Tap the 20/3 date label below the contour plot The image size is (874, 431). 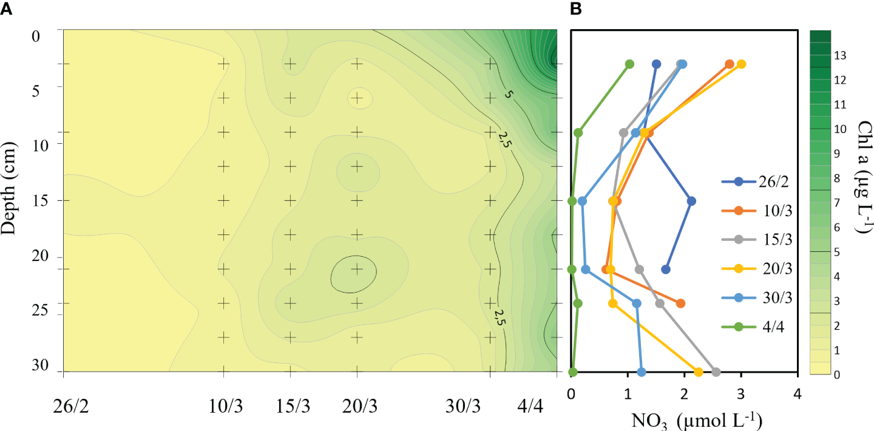(357, 402)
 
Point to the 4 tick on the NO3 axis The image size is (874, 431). (798, 395)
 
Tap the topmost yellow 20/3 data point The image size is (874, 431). (741, 64)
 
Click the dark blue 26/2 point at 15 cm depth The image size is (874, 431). (691, 201)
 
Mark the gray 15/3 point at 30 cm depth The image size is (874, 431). (716, 372)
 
